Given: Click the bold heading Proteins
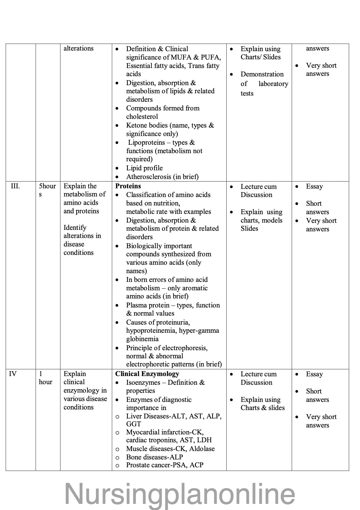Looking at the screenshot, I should click(128, 186).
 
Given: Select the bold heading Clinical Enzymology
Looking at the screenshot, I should click(147, 374).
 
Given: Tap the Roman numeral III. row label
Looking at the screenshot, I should click(15, 186).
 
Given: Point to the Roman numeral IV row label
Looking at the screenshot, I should click(13, 374).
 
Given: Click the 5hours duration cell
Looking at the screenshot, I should click(47, 190).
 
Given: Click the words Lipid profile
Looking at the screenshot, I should click(144, 168).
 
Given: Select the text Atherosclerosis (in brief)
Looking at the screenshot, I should click(162, 177).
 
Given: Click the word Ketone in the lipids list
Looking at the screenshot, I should click(137, 126).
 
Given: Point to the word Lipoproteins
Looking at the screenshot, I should click(146, 143).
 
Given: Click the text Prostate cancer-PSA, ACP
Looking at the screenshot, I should click(164, 465).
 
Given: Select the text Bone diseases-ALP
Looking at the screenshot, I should click(154, 457).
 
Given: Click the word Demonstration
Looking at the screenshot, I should click(262, 74).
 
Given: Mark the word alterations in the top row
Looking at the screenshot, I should click(78, 48).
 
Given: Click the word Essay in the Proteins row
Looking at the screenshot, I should click(314, 186).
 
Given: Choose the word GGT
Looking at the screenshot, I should click(133, 424).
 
